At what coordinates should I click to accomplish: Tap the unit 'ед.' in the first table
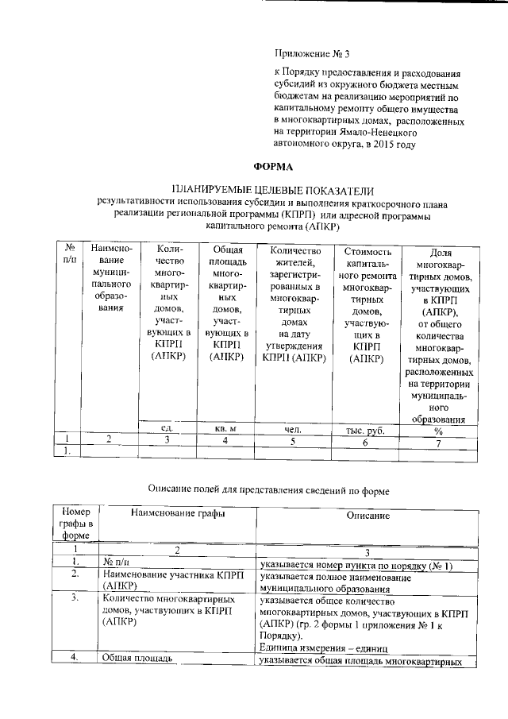[167, 429]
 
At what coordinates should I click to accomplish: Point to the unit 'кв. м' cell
[226, 429]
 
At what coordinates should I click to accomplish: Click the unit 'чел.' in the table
[294, 429]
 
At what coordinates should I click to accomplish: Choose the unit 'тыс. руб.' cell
[366, 430]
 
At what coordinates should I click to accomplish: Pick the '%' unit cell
[437, 430]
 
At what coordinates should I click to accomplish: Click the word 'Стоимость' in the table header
[366, 251]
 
